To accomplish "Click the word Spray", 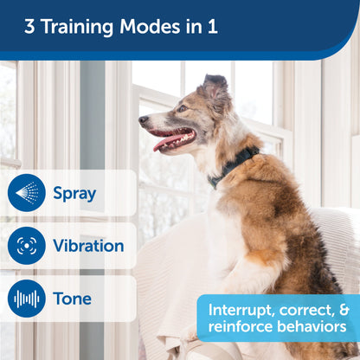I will point(74,193).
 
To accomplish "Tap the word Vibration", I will point(88,246).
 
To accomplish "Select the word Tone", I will point(72,299).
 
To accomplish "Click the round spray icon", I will point(27,193).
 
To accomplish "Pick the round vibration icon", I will point(27,246).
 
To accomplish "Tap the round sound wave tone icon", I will point(27,299).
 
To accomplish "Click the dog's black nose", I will point(143,121).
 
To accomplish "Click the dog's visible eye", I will point(182,108).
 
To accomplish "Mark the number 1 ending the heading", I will point(212,26).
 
